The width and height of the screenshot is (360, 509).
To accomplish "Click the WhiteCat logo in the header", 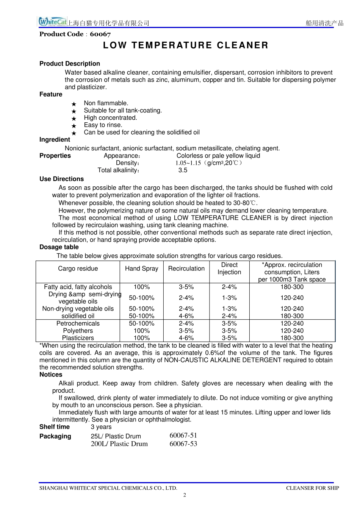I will tap(52, 22).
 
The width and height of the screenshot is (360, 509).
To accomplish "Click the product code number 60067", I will tap(100, 34).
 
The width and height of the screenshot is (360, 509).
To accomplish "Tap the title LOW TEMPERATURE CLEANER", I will tap(186, 45).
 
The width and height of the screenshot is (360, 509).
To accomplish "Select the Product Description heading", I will tap(70, 64).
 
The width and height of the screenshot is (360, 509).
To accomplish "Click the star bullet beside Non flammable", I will tap(74, 104).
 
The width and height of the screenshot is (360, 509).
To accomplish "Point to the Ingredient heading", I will tap(55, 139).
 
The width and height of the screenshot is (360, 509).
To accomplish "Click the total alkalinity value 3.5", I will tap(183, 170).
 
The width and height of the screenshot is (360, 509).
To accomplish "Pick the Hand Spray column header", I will tap(141, 269).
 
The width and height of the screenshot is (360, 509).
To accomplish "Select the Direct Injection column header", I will tap(229, 269).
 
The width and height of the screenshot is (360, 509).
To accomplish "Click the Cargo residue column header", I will tap(78, 269).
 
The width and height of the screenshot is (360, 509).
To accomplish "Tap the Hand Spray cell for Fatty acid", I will tap(141, 287).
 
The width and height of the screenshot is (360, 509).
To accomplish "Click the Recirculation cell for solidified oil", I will tap(186, 316).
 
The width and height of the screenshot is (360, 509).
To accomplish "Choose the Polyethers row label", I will tap(78, 331).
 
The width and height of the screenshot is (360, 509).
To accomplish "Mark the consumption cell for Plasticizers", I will tap(292, 338).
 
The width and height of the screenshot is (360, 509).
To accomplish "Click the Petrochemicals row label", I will tap(78, 323).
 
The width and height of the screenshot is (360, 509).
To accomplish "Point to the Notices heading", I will tap(51, 375).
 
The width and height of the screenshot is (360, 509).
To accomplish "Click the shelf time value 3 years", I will tap(101, 427).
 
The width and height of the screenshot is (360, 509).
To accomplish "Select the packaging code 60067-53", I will tap(183, 444).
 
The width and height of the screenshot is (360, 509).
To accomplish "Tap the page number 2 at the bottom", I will tap(185, 495).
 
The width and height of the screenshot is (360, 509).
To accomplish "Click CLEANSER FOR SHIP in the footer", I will tap(313, 488).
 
